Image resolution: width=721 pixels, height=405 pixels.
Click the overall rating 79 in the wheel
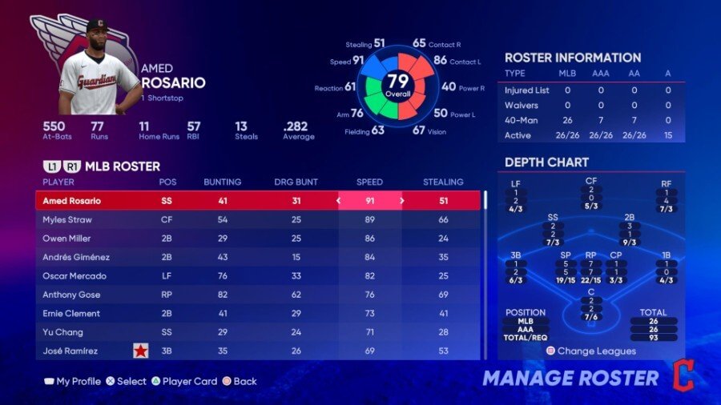point(398,82)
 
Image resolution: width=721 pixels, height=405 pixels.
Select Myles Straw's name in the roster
point(67,219)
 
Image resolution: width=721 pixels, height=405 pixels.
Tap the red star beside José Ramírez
point(141,351)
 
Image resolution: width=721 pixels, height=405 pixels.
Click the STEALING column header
point(443,182)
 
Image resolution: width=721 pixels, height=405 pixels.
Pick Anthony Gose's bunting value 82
point(222,295)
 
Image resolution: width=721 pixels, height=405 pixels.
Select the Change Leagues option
point(591,351)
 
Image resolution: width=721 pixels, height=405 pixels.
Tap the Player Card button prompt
point(184,381)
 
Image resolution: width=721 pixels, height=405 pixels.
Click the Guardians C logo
point(683,375)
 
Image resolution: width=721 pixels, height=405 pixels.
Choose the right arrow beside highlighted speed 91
point(402,201)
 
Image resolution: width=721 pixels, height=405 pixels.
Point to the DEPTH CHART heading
point(546,162)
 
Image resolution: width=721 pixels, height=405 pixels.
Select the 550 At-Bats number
point(54,126)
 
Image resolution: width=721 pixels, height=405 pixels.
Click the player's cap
point(97,26)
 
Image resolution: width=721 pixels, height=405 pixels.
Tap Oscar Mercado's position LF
point(167,276)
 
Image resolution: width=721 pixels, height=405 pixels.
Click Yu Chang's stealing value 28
point(443,332)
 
